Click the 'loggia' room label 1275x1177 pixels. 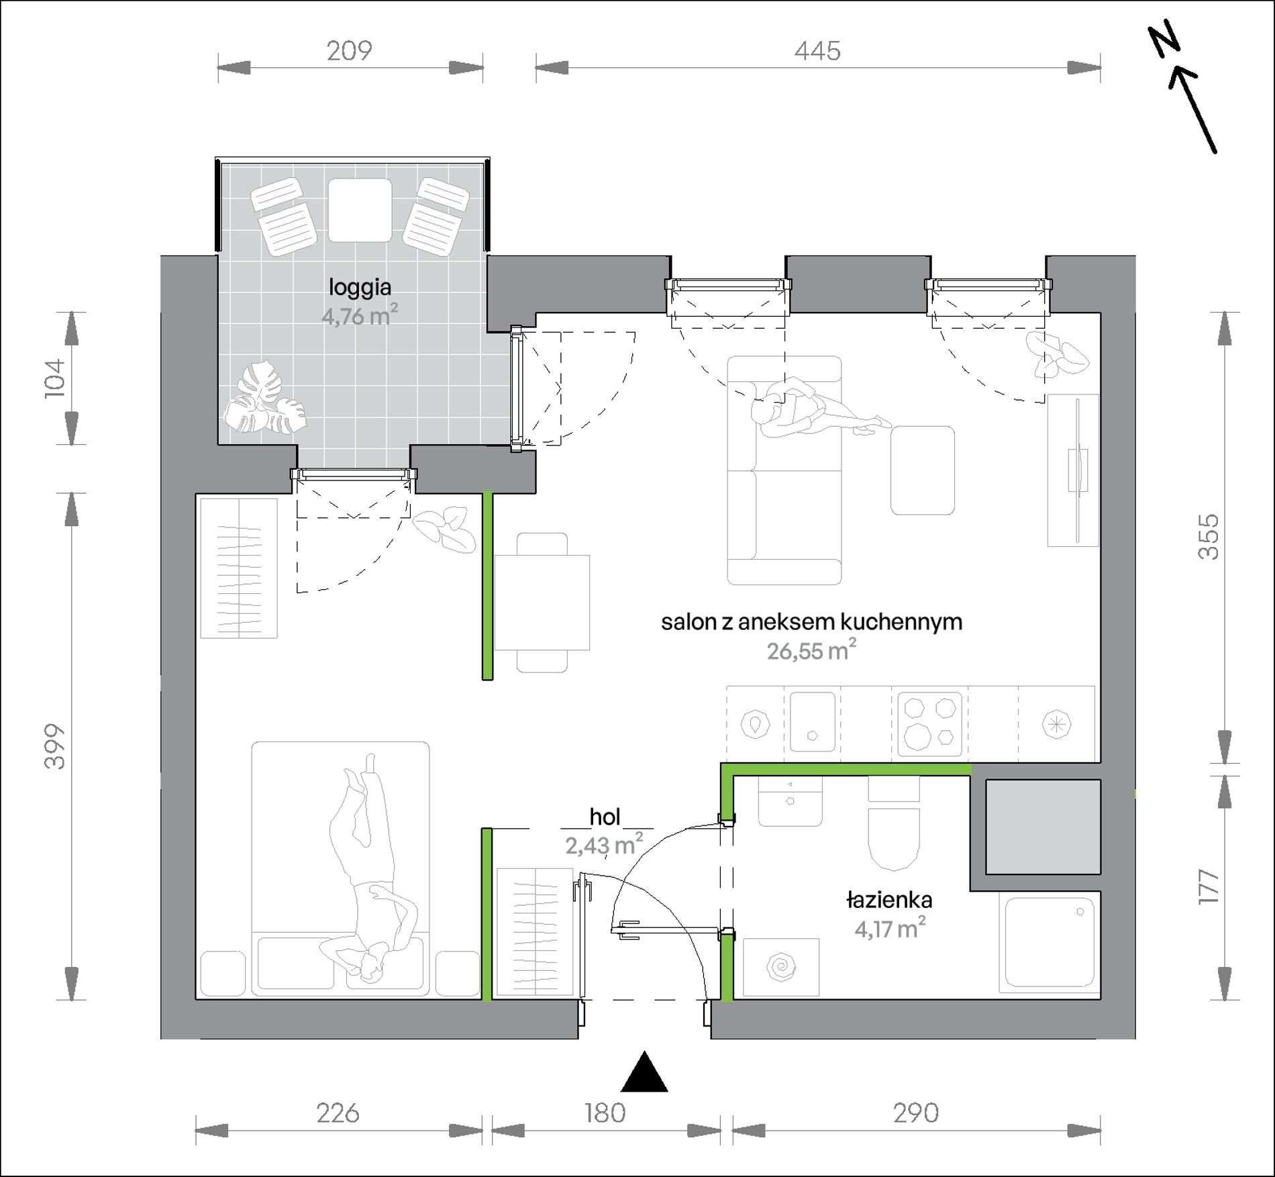(x=360, y=288)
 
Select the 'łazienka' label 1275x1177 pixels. (x=889, y=900)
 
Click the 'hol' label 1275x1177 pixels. (x=605, y=817)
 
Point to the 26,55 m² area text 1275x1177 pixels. (x=811, y=650)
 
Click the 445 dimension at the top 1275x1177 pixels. (x=817, y=51)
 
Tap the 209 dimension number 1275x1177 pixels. (x=349, y=51)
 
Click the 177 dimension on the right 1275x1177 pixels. (x=1209, y=887)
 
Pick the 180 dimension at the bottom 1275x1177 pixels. (x=605, y=1113)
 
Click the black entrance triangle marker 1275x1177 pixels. (x=644, y=1072)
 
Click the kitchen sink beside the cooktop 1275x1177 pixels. (x=813, y=722)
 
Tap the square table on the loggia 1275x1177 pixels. (x=360, y=210)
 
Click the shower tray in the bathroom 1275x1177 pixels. (x=1050, y=942)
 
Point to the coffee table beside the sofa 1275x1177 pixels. (x=923, y=470)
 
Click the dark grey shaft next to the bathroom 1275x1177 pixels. (x=1043, y=827)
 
